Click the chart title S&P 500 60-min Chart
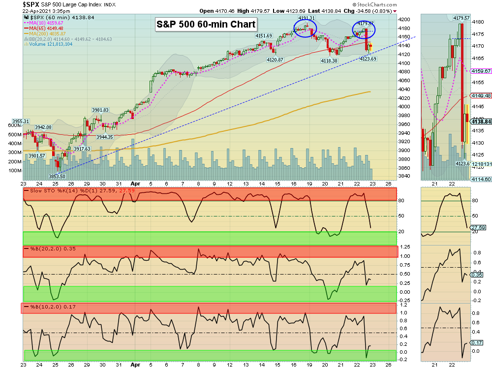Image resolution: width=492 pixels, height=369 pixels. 206,24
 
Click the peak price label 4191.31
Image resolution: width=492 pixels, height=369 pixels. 306,18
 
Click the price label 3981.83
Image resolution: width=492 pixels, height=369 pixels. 100,110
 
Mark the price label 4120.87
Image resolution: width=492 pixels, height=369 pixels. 275,60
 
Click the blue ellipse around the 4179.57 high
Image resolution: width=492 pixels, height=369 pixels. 364,31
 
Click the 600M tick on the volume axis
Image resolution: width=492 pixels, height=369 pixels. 15,125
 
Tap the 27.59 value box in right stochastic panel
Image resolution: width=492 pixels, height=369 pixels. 478,228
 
